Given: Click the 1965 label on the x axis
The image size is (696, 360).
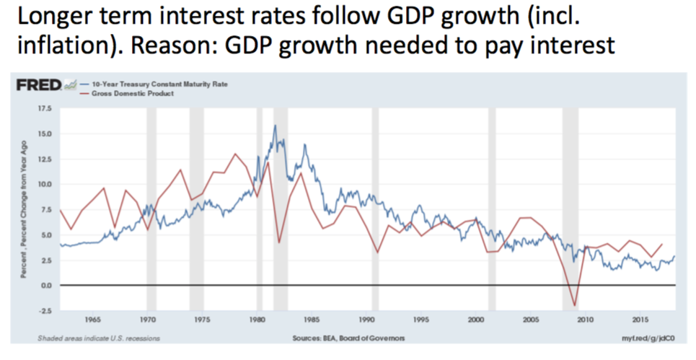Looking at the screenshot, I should tap(92, 319).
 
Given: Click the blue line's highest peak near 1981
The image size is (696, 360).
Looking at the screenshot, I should tap(275, 126).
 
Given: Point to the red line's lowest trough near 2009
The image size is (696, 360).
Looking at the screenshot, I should tap(575, 306).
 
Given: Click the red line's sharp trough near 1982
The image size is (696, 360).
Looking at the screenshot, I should tap(278, 242).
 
